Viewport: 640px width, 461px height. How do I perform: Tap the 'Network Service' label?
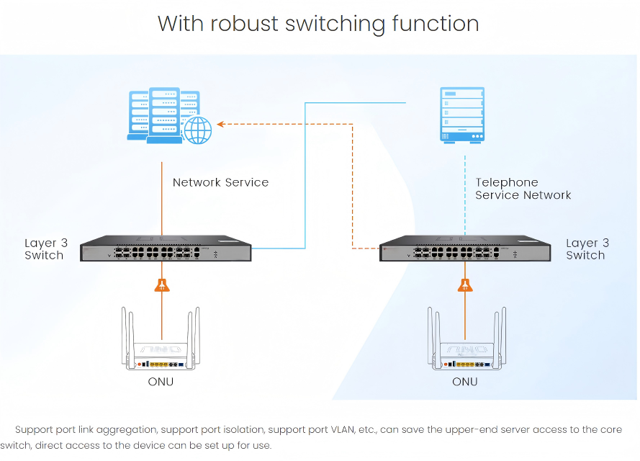pyautogui.click(x=220, y=183)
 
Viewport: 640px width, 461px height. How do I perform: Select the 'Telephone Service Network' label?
pyautogui.click(x=523, y=189)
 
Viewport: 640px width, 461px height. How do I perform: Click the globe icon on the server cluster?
pyautogui.click(x=198, y=130)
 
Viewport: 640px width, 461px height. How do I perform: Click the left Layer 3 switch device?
pyautogui.click(x=165, y=249)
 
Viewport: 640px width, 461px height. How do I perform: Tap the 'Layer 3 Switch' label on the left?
pyautogui.click(x=44, y=249)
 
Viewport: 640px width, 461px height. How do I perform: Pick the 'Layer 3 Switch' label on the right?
pyautogui.click(x=587, y=249)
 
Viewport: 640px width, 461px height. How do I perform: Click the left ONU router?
pyautogui.click(x=162, y=346)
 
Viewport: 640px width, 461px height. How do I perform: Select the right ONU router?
pyautogui.click(x=465, y=346)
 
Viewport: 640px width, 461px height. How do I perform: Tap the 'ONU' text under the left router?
pyautogui.click(x=161, y=382)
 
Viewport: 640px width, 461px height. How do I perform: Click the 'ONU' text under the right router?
pyautogui.click(x=464, y=382)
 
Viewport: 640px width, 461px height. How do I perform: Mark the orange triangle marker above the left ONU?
pyautogui.click(x=163, y=285)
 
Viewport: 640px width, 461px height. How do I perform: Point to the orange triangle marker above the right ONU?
pyautogui.click(x=466, y=285)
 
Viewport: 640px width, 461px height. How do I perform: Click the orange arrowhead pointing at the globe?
pyautogui.click(x=222, y=124)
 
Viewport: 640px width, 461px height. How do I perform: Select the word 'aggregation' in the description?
pyautogui.click(x=128, y=430)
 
